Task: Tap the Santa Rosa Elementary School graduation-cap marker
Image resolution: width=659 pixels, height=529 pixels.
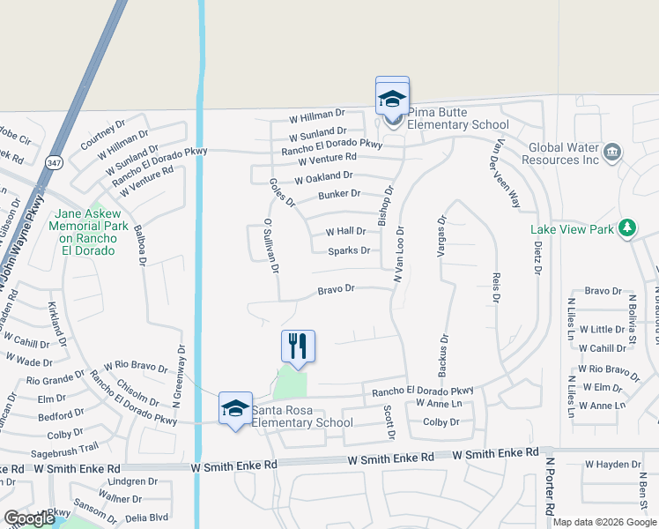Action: point(235,408)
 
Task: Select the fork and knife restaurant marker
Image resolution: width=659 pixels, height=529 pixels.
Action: point(298,346)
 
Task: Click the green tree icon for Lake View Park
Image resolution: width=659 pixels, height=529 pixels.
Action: point(626,229)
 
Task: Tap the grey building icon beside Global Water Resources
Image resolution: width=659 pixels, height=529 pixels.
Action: point(611,154)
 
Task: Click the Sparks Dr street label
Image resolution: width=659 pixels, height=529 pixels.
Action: point(348,251)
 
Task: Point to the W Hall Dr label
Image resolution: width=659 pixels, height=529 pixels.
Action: point(345,232)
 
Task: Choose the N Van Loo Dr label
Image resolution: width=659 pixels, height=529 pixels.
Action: point(398,250)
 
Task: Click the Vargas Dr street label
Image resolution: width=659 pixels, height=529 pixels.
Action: point(442,235)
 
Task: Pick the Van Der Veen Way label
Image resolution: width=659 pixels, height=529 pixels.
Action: point(508,173)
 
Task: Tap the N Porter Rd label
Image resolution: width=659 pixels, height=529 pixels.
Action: point(549,485)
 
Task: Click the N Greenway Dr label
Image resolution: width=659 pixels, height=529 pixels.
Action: point(179,374)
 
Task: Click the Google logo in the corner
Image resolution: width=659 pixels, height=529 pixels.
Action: point(29,518)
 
